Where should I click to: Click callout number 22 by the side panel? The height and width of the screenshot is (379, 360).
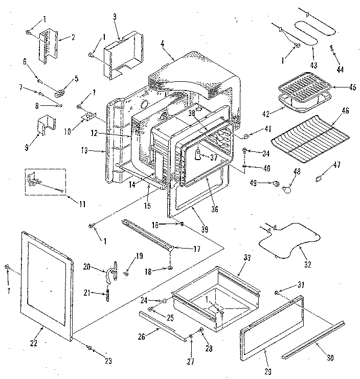pos(33,343)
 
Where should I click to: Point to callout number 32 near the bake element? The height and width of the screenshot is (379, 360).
pos(307,264)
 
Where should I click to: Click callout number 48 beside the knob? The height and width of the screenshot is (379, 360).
pos(296,171)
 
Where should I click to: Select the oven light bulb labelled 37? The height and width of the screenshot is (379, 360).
pos(196,155)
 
